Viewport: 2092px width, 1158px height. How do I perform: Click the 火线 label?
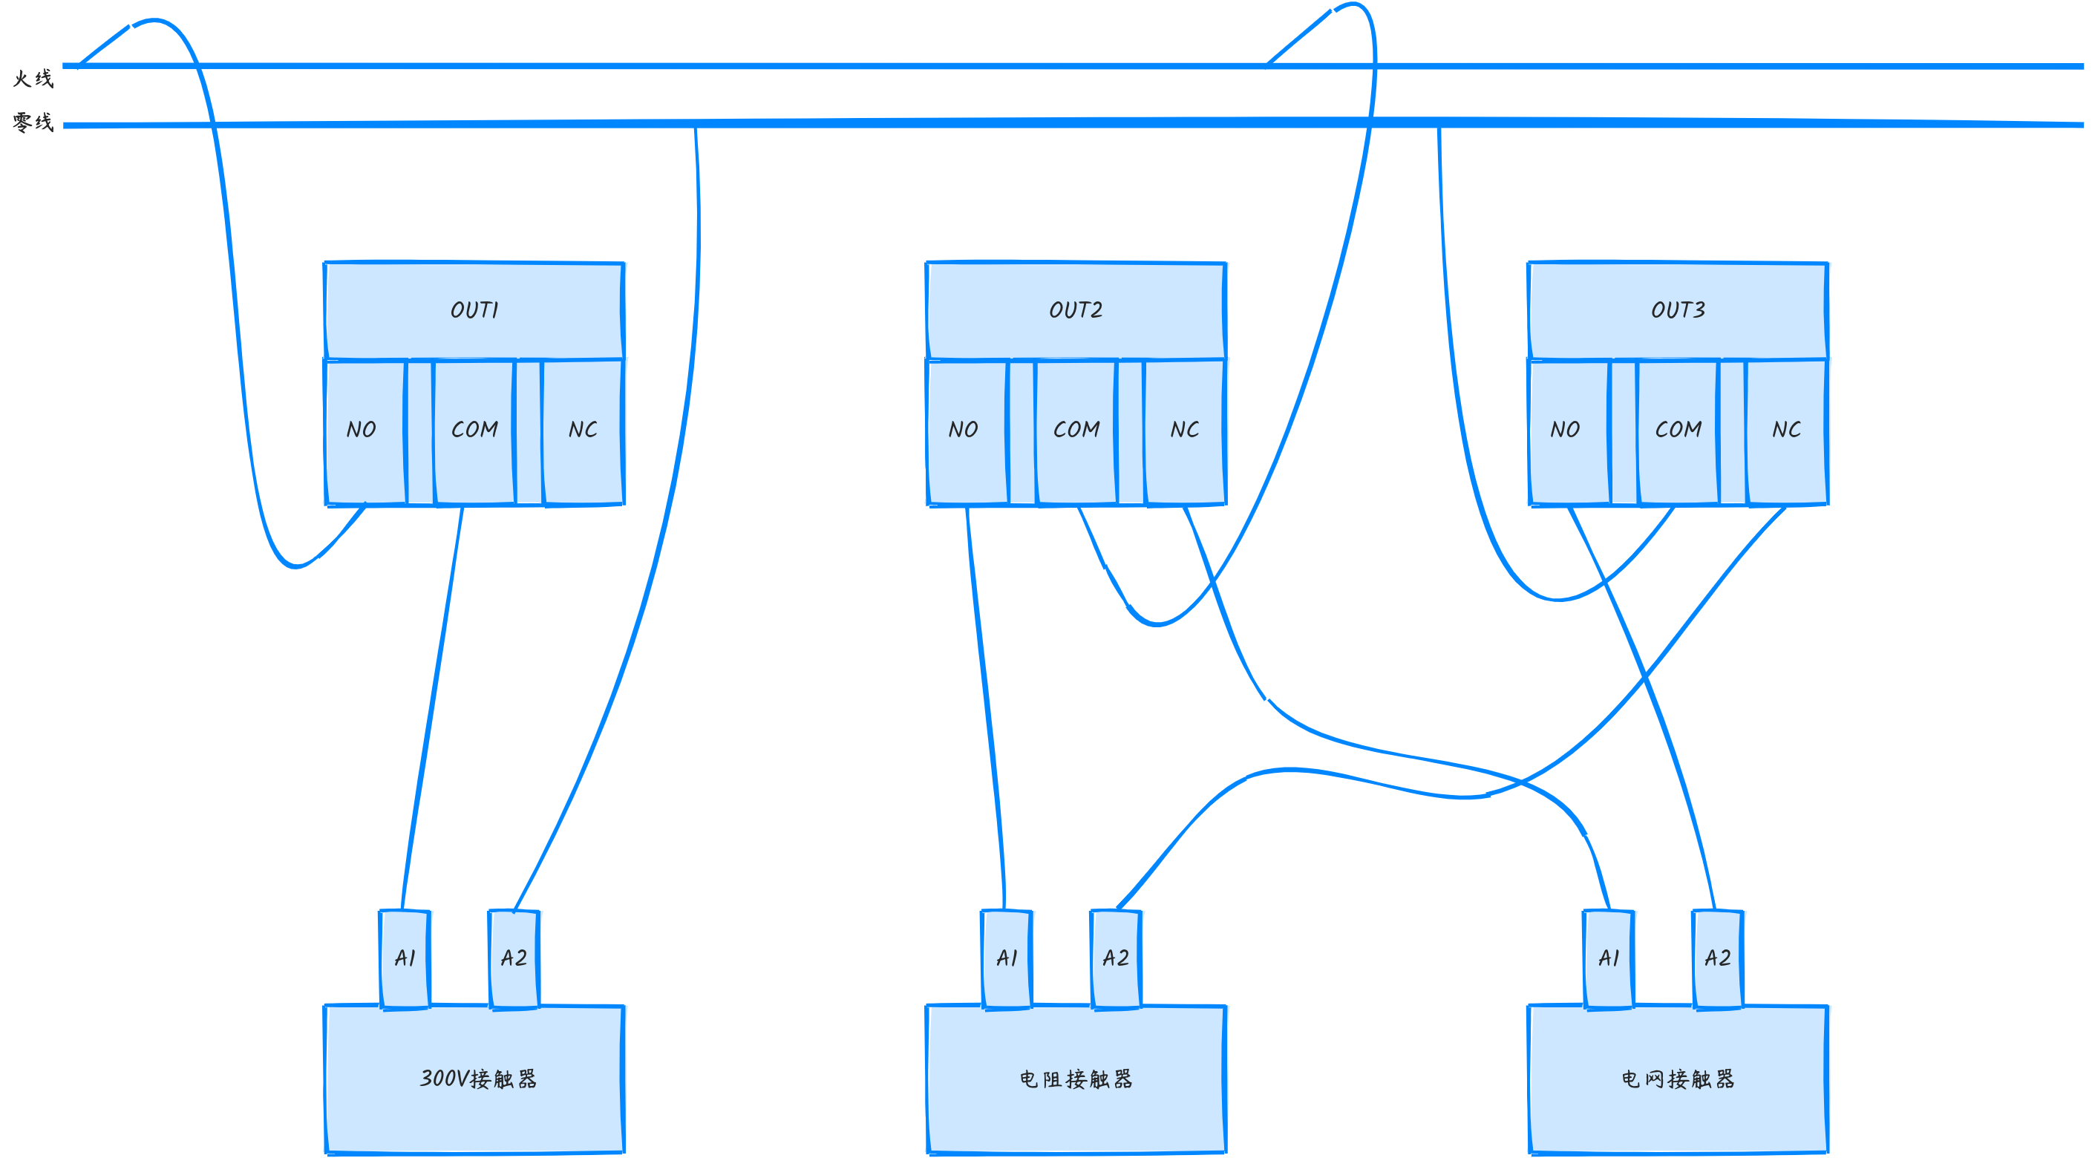[33, 79]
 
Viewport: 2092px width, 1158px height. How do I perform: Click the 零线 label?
[33, 122]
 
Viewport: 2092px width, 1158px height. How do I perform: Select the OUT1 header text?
[474, 310]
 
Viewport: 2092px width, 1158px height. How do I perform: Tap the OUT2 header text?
[1076, 310]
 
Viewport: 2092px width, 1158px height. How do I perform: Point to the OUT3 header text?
[1678, 310]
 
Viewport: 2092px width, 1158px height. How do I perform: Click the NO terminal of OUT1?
[362, 430]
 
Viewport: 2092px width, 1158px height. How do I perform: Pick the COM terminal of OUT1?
[474, 430]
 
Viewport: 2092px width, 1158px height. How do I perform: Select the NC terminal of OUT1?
[583, 430]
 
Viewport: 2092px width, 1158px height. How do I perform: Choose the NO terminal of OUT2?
[964, 430]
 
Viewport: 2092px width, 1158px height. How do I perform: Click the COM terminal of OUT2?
[1076, 430]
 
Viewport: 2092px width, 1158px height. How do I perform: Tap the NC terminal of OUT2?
[1185, 430]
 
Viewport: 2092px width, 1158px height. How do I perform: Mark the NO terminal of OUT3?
[1566, 430]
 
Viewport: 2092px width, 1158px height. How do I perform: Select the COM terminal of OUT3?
[1678, 430]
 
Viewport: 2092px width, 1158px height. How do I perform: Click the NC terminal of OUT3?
[1787, 430]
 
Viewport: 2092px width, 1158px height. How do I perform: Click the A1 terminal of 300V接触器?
[405, 958]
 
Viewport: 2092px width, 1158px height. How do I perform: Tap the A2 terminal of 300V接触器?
[514, 958]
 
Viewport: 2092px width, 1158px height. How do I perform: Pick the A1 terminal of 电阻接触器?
[1007, 958]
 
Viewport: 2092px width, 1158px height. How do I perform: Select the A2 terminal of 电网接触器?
[1718, 958]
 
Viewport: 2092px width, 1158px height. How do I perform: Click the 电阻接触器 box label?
[1076, 1079]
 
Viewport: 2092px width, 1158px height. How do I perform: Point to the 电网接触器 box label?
[1678, 1079]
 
